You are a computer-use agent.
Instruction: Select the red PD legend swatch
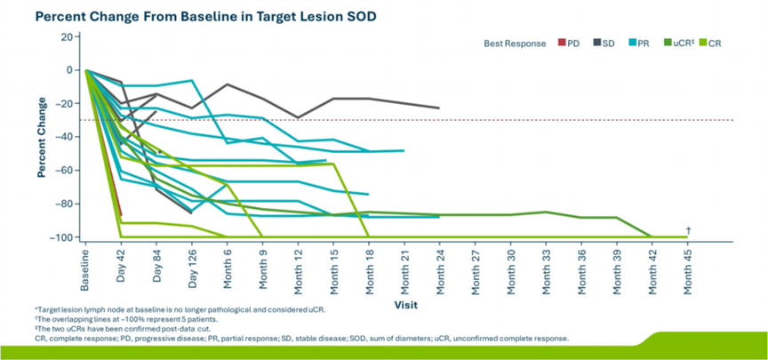click(x=562, y=43)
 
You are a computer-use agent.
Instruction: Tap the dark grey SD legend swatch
click(x=596, y=43)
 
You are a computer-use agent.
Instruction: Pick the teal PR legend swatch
click(x=631, y=43)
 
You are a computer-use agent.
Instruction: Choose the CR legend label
click(x=715, y=44)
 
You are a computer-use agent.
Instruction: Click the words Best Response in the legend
click(x=515, y=44)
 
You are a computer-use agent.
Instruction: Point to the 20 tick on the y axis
click(x=68, y=36)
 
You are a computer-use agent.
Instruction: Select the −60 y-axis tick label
click(x=64, y=171)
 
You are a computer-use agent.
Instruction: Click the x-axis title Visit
click(x=406, y=305)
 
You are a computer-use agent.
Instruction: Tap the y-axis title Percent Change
click(x=42, y=137)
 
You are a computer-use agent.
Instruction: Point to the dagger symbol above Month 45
click(x=688, y=229)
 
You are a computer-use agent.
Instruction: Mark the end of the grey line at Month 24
click(x=439, y=108)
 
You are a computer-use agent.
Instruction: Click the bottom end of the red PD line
click(x=121, y=215)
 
